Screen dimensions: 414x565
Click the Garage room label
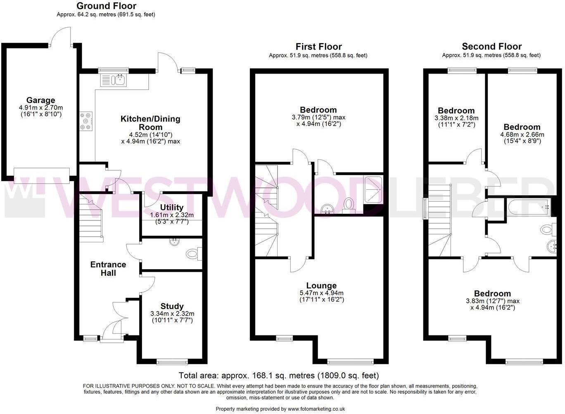(40, 100)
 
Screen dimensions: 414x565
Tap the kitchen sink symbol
(114, 79)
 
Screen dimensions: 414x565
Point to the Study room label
(172, 306)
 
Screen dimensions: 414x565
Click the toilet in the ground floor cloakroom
(193, 253)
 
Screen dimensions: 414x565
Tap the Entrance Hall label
(108, 269)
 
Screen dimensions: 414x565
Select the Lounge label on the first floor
(321, 285)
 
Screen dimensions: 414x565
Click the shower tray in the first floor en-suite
(373, 189)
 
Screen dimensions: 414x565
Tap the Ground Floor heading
(106, 6)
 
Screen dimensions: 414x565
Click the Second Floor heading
(491, 46)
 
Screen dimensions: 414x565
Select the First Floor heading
(318, 46)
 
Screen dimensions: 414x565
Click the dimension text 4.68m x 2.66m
(522, 134)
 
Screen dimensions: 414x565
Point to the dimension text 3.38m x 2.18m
(456, 118)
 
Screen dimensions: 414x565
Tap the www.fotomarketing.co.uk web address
(316, 409)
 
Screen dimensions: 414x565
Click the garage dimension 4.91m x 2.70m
(40, 107)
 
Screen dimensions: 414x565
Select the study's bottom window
(172, 362)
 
